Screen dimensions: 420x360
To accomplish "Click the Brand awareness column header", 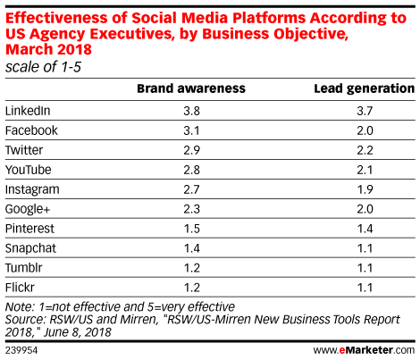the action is coord(191,88).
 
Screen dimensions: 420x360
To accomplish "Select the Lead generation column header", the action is coord(365,88).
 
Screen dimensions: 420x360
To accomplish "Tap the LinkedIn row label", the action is coord(28,111).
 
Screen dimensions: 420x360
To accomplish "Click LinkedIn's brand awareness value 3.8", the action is coord(191,111).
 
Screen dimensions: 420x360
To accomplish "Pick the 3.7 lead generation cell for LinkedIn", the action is coord(365,111).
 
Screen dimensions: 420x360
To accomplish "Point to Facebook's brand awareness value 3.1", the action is coord(191,130).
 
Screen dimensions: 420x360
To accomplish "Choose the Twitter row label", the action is coord(24,150).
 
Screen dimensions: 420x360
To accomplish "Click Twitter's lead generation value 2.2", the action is coord(365,150).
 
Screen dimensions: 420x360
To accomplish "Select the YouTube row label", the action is coord(29,170).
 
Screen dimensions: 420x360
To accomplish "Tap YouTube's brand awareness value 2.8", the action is coord(191,170).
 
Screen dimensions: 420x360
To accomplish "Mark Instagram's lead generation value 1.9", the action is coord(365,189).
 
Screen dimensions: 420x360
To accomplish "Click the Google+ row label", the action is coord(28,209).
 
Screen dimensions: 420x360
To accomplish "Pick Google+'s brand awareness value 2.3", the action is coord(191,209).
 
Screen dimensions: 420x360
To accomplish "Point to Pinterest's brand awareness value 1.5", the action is coord(192,229).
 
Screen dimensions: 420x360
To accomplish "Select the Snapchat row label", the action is coord(30,248).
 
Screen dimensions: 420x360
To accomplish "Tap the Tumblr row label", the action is coord(24,268).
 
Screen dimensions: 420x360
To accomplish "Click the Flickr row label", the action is coord(20,288).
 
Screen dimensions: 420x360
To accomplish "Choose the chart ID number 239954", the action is coord(21,350).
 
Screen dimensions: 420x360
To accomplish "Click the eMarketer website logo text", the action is coord(364,350).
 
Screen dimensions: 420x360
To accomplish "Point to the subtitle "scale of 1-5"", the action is coord(43,67).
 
